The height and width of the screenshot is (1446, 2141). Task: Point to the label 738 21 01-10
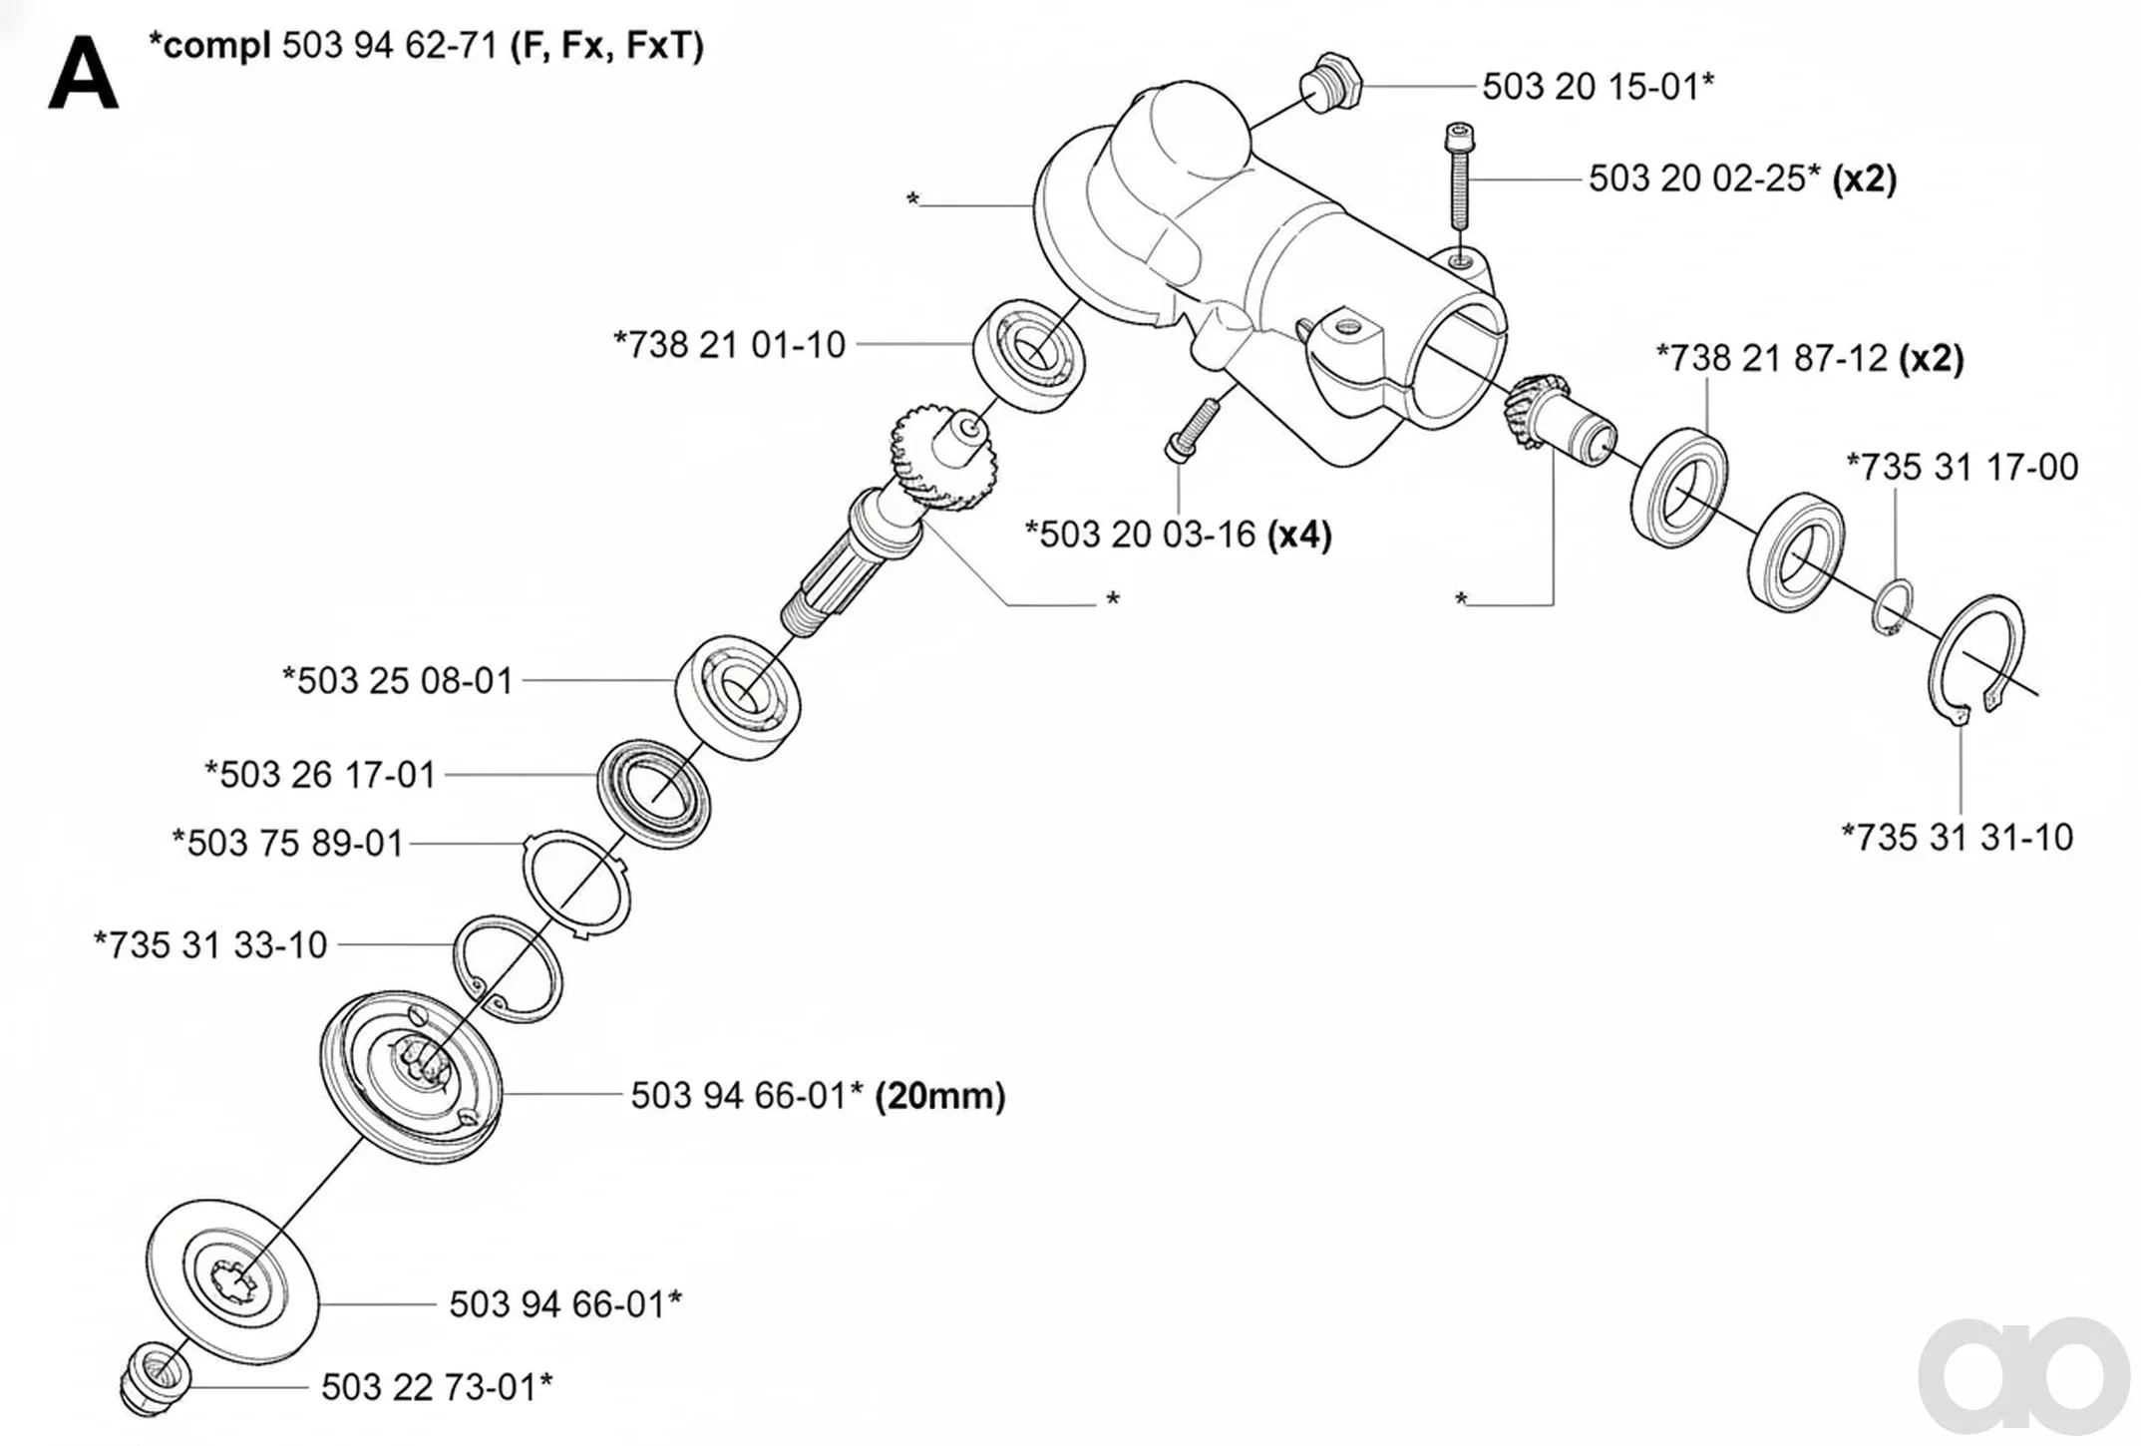pyautogui.click(x=729, y=345)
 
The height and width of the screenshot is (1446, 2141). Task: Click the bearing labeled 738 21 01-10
pyautogui.click(x=1030, y=353)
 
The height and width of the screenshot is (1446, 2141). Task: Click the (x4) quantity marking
pyautogui.click(x=1299, y=536)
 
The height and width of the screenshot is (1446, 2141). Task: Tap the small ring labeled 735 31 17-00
pyautogui.click(x=1892, y=606)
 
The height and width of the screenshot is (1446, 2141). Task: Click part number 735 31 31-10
pyautogui.click(x=1957, y=838)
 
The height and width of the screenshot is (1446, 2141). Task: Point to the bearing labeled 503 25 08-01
pyautogui.click(x=737, y=697)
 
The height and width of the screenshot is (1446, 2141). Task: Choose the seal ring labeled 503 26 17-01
pyautogui.click(x=653, y=795)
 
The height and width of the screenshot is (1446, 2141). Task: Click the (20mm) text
pyautogui.click(x=939, y=1097)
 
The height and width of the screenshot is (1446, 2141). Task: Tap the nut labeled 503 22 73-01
pyautogui.click(x=155, y=1379)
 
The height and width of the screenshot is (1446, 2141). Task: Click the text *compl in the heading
pyautogui.click(x=208, y=46)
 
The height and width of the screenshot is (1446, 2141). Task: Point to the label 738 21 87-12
pyautogui.click(x=1772, y=358)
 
